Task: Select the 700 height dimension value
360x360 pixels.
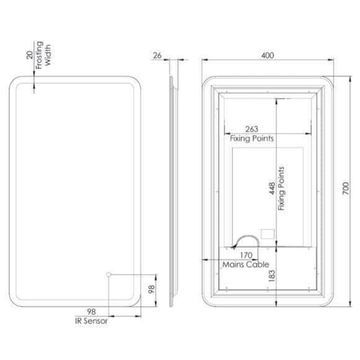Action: (x=345, y=190)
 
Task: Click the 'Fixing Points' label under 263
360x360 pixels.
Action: (x=252, y=138)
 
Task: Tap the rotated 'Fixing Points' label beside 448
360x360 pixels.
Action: (x=281, y=189)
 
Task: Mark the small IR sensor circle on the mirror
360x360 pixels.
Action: (x=108, y=275)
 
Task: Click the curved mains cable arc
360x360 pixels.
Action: (x=244, y=240)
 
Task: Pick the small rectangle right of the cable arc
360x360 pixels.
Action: (x=267, y=235)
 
